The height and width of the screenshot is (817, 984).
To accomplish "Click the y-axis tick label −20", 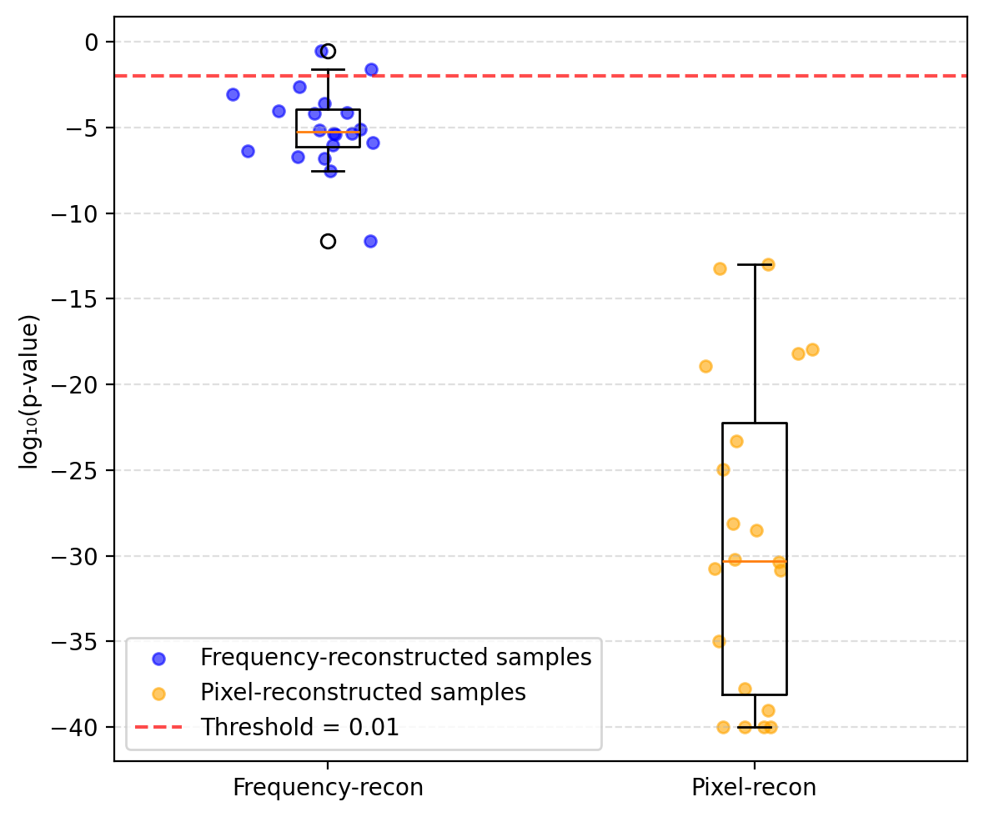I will pos(78,385).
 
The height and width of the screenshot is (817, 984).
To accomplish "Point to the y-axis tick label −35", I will pos(78,642).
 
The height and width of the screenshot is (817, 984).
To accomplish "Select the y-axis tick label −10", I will pos(78,213).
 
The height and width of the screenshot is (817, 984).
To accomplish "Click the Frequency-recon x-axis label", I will pos(328,788).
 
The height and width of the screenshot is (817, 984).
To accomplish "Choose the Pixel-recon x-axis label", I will pos(754,788).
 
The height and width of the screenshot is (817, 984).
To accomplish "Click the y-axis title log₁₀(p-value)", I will pos(29,392).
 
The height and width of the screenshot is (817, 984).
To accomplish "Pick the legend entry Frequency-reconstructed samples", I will pos(395,657).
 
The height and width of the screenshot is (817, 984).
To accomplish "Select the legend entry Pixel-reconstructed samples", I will pos(363,692).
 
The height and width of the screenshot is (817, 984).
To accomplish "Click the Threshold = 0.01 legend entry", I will pos(299,727).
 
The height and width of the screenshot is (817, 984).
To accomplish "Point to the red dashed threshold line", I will pos(584,76).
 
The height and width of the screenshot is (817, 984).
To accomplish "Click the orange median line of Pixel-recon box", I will pos(754,561).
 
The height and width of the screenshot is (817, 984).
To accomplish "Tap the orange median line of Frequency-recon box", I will pos(328,132).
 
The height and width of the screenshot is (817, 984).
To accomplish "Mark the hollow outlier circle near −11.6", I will pos(328,241).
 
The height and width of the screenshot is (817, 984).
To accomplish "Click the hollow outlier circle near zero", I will pos(328,52).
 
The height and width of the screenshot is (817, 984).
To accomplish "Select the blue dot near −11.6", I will pos(370,241).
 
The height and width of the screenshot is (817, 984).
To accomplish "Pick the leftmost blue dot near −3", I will pos(233,94).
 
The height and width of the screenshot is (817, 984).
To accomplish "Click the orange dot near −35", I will pos(719,641).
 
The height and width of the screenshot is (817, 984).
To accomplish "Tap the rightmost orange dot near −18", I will pos(812,349).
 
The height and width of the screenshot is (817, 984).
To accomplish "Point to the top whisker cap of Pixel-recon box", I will pos(754,265).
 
